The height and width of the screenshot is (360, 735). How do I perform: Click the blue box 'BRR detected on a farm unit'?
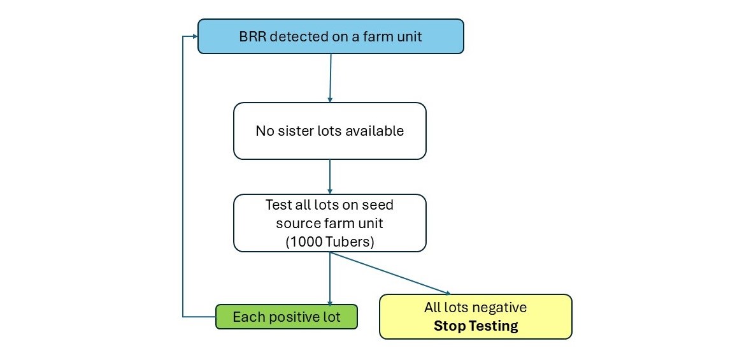[x=331, y=36]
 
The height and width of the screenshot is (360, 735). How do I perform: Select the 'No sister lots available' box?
[x=329, y=131]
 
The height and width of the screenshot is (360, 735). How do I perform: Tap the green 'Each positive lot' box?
[x=286, y=317]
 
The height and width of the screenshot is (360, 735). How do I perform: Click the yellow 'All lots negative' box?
[x=475, y=316]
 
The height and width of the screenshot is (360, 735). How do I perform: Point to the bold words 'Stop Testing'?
[x=475, y=326]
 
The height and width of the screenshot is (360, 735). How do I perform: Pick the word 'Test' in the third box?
[x=278, y=205]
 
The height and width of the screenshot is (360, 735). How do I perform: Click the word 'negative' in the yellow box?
[x=501, y=308]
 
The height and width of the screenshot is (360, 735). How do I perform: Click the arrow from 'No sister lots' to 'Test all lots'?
[x=329, y=176]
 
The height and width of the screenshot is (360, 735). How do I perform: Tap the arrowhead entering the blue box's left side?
[x=194, y=36]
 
